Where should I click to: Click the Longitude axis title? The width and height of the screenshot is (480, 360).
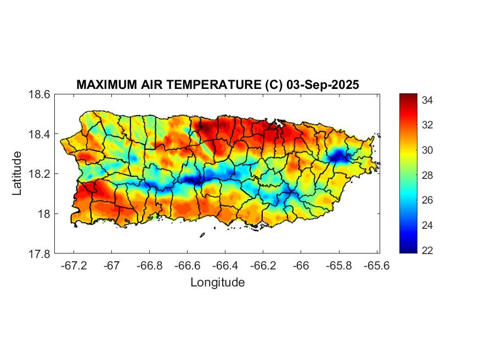[217, 283]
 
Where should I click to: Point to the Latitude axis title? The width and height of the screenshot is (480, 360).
[18, 173]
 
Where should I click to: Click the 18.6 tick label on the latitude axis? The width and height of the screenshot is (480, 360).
[39, 94]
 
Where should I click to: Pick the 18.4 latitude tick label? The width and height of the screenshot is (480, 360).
[39, 134]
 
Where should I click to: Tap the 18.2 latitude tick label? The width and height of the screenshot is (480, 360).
[39, 174]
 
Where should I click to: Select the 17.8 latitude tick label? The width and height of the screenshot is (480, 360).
[39, 254]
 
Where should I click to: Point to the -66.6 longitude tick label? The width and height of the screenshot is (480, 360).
[187, 266]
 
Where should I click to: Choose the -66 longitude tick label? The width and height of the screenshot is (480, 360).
[301, 266]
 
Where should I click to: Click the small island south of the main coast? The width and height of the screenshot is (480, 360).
[202, 235]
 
